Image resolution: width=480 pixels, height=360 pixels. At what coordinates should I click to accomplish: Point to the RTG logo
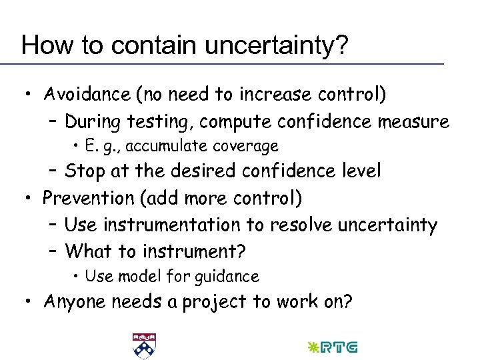click(x=331, y=347)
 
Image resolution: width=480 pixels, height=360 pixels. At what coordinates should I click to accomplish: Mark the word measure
click(x=413, y=123)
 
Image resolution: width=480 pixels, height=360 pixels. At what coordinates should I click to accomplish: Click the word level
click(x=360, y=171)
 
